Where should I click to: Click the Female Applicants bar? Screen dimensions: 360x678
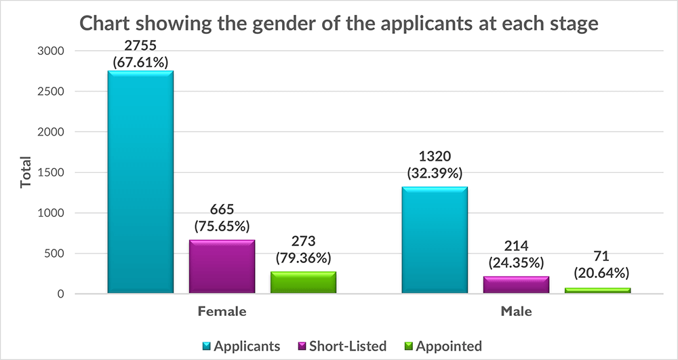coord(140,183)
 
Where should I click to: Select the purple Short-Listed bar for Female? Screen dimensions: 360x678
coord(222,267)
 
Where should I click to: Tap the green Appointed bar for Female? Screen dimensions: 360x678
coord(303,283)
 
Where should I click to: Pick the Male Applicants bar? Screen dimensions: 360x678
coord(435,241)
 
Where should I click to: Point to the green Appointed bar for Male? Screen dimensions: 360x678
coord(597,291)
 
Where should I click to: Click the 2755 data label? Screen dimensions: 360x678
coord(140,47)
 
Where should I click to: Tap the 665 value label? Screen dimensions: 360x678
coord(222,210)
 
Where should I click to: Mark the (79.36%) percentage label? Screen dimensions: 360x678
coord(303,258)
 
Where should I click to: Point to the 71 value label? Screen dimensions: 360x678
coord(597,258)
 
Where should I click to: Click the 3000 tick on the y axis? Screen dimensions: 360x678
coord(50,51)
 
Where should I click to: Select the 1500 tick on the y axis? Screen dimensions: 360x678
coord(50,172)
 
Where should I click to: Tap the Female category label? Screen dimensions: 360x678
coord(222,313)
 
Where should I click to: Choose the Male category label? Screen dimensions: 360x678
coord(516,313)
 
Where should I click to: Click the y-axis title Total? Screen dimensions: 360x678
coord(26,172)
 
